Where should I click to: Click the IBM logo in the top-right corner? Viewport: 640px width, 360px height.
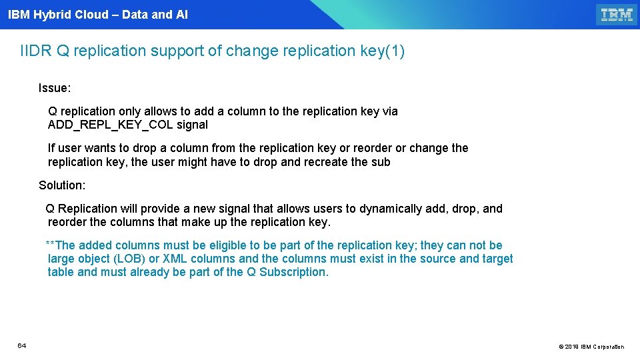tap(617, 15)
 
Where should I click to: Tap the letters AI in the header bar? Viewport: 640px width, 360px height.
tap(181, 14)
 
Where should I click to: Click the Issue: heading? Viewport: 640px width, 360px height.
tap(55, 88)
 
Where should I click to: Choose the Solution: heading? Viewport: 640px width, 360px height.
tap(62, 185)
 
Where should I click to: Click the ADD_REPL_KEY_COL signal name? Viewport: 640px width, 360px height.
tap(110, 125)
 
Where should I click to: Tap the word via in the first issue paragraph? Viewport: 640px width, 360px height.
tap(390, 111)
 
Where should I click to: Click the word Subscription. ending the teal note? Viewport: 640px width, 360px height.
tap(294, 272)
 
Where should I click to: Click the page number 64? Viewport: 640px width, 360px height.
tap(22, 345)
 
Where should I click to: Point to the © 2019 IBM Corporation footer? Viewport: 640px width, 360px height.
tap(591, 347)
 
